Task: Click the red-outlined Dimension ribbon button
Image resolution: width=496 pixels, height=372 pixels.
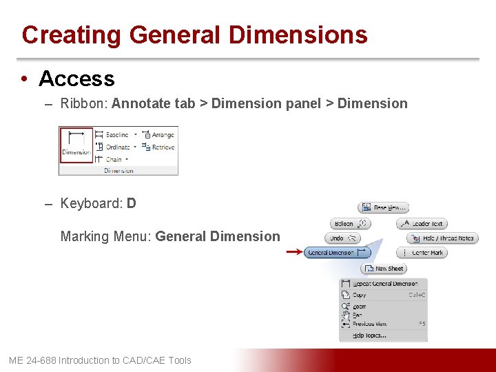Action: pyautogui.click(x=76, y=144)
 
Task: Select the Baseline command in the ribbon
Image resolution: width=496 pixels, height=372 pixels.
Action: pyautogui.click(x=116, y=135)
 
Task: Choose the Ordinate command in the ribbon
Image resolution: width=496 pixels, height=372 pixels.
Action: pyautogui.click(x=116, y=147)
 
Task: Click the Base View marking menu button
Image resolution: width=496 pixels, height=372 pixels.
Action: pyautogui.click(x=384, y=207)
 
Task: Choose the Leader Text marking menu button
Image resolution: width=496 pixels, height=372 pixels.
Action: pyautogui.click(x=422, y=223)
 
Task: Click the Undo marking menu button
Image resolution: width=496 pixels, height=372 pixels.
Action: pyautogui.click(x=342, y=238)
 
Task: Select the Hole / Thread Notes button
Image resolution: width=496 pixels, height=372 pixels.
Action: pyautogui.click(x=442, y=238)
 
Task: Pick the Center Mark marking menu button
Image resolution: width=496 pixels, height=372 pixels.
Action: pyautogui.click(x=422, y=253)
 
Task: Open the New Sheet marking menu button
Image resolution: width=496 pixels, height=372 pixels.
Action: pyautogui.click(x=384, y=269)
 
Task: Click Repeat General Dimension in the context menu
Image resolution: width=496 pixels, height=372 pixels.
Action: pyautogui.click(x=384, y=284)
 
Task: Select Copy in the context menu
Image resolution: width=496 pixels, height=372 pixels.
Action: pyautogui.click(x=360, y=295)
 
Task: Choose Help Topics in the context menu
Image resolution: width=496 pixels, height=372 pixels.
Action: pyautogui.click(x=369, y=335)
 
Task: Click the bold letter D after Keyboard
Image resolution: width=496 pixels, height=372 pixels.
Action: pyautogui.click(x=132, y=203)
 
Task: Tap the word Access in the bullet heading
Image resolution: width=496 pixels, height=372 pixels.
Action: pyautogui.click(x=76, y=79)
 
